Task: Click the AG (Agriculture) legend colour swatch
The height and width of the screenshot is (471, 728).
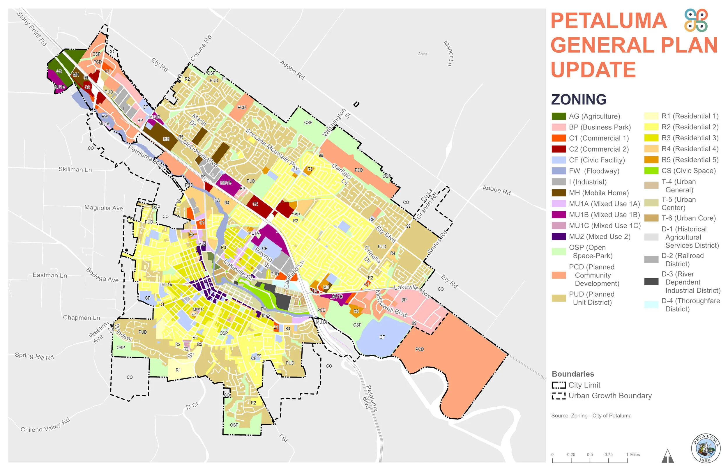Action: click(x=559, y=116)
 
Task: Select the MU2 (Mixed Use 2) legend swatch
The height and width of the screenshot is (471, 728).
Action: click(x=559, y=236)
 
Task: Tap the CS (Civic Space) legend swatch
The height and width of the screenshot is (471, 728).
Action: click(x=651, y=171)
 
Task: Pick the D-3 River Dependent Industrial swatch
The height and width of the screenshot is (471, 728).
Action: click(x=651, y=282)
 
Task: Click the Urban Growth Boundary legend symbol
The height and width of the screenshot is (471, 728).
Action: click(x=559, y=396)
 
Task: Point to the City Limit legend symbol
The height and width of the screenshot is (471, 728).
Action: click(x=559, y=385)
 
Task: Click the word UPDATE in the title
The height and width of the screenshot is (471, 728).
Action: click(x=593, y=70)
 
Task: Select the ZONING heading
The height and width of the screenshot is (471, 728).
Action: click(x=578, y=99)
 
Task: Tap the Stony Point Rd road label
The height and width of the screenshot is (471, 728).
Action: click(x=32, y=29)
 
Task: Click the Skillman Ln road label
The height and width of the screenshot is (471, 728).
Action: click(x=75, y=169)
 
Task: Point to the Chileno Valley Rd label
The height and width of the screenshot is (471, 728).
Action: click(x=45, y=425)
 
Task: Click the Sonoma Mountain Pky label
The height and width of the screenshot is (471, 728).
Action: click(x=272, y=150)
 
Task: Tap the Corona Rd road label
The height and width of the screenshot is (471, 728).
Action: click(x=201, y=48)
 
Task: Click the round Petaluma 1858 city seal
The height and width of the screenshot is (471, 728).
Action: click(x=705, y=448)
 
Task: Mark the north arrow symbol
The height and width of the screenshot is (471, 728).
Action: click(x=667, y=456)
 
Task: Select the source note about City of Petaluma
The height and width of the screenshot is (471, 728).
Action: click(x=591, y=416)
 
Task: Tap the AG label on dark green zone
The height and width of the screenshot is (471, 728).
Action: click(x=59, y=71)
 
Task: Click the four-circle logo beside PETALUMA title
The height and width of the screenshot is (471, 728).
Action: click(x=696, y=20)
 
